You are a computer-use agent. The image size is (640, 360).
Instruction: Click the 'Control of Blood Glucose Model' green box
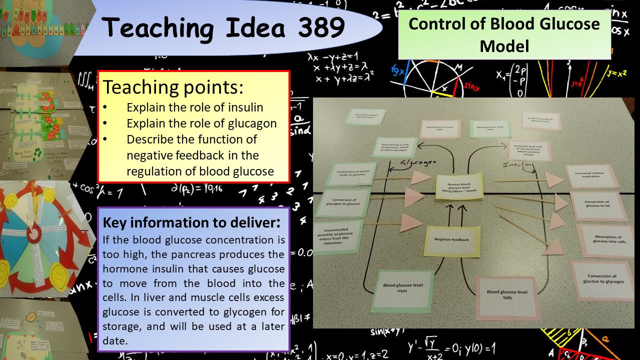504,35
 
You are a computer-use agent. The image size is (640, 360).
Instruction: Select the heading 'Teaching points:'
173,87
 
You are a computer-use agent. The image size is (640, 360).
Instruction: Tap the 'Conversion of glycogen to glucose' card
343,202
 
